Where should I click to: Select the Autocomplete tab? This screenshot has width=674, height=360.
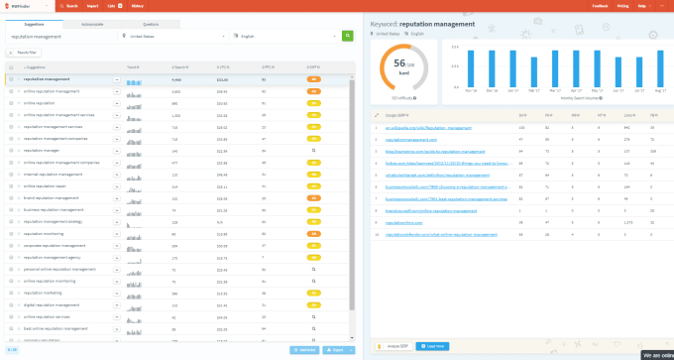click(x=90, y=23)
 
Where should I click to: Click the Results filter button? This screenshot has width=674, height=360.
click(x=25, y=52)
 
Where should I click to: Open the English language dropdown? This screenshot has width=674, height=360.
click(x=287, y=36)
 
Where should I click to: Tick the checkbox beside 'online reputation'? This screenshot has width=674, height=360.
click(x=11, y=102)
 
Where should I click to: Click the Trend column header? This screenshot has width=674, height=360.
click(x=133, y=66)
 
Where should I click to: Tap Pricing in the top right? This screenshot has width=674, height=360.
click(x=621, y=5)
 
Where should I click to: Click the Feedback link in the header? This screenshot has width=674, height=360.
click(x=600, y=5)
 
